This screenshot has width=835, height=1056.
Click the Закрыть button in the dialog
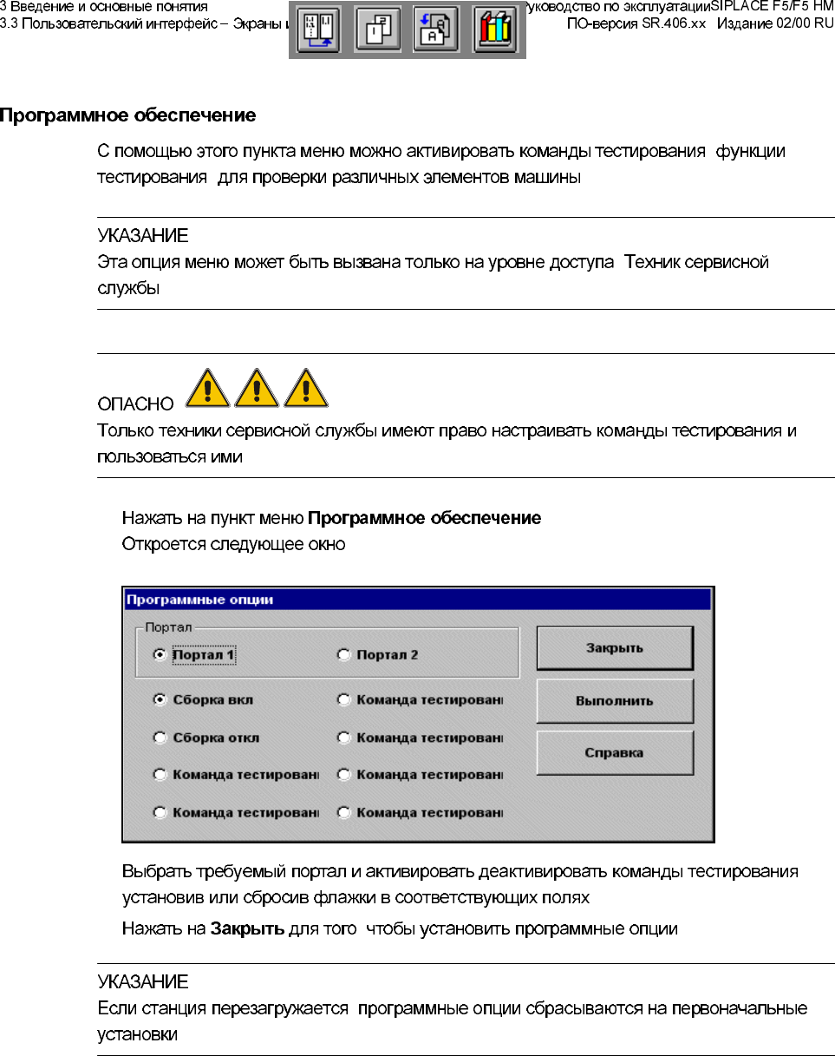pos(615,648)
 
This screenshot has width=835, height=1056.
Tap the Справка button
pos(615,752)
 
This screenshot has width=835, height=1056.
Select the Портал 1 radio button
pos(160,655)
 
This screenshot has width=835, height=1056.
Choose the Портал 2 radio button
pos(343,655)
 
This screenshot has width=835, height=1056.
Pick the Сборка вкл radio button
pos(160,699)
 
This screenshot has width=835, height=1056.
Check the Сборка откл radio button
pos(160,738)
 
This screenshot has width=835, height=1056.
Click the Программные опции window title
pos(199,599)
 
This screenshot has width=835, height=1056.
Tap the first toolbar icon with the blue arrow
pos(318,31)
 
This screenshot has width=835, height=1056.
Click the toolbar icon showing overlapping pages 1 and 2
pos(377,31)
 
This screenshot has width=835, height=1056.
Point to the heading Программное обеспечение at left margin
pos(127,115)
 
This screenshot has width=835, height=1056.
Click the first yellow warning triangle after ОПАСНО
pos(208,388)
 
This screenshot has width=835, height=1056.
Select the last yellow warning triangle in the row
pos(307,388)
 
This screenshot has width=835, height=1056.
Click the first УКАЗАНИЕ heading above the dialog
pos(142,236)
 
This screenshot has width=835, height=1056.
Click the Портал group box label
pos(162,626)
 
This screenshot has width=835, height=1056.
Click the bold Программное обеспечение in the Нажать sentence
pos(425,519)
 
